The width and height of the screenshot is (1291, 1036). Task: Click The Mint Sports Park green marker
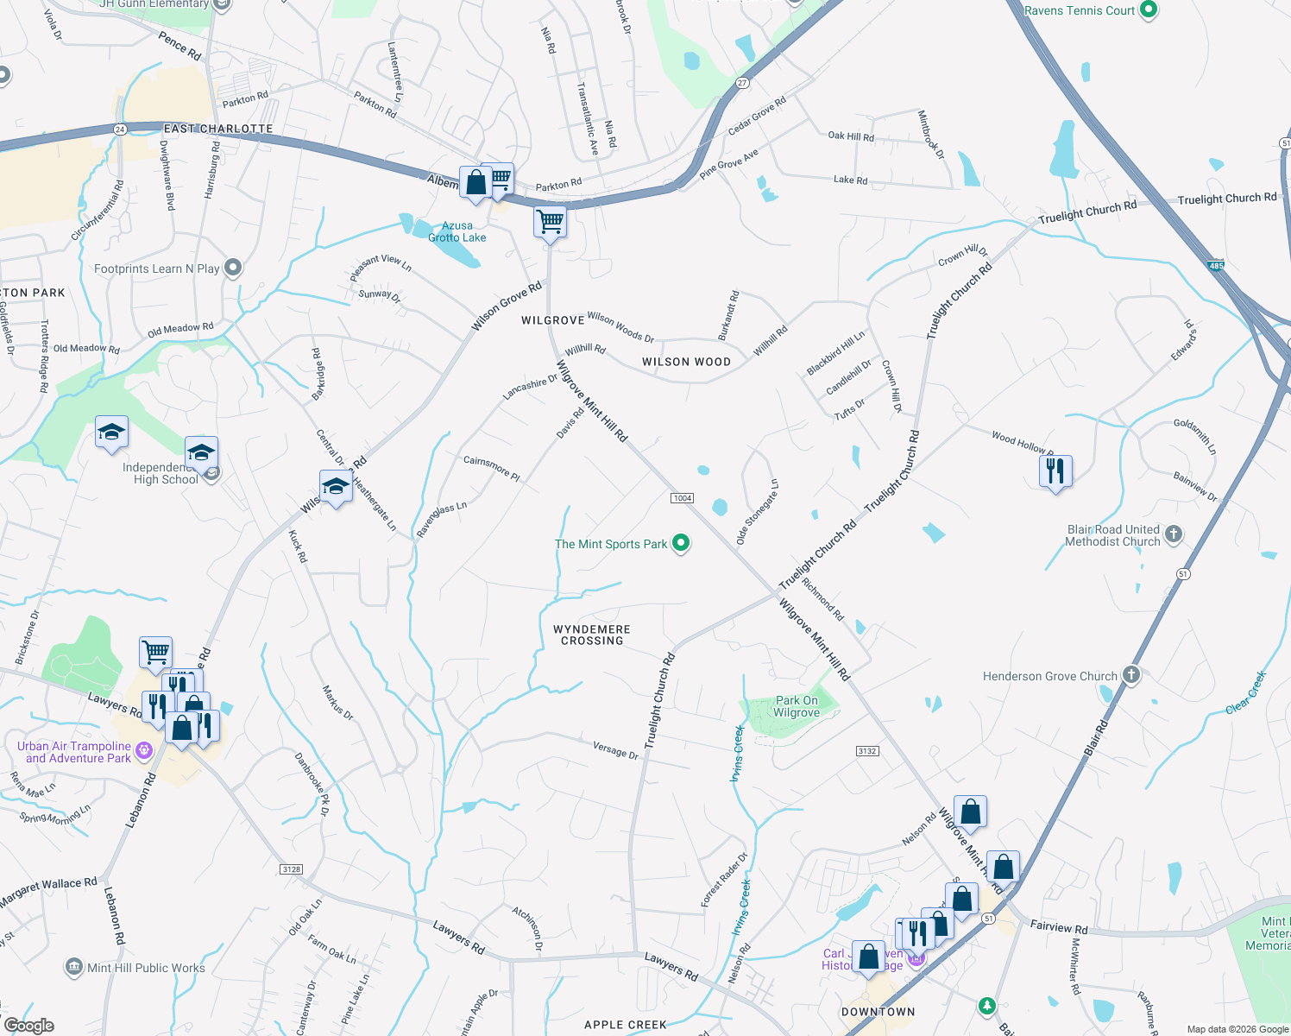[681, 543]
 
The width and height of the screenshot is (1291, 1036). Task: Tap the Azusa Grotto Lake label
[457, 232]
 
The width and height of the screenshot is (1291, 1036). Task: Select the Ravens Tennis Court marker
[1148, 10]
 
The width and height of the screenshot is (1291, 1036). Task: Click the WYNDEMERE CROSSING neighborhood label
[592, 635]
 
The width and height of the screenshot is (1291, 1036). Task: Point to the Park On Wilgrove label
[796, 707]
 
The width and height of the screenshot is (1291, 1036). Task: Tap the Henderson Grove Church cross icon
[1131, 676]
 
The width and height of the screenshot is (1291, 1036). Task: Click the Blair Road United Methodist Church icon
[1174, 534]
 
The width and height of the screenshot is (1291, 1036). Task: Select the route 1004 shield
[682, 498]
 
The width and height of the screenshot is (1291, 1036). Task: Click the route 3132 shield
[867, 751]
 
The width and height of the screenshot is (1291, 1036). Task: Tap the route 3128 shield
[292, 869]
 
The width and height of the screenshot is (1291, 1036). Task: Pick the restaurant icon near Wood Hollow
[1055, 471]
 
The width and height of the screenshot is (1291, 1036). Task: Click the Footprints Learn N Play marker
[233, 268]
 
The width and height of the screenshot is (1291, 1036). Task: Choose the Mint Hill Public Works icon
[74, 967]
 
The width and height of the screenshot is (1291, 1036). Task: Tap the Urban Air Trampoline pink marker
[144, 751]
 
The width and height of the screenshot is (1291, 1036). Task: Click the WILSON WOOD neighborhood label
[686, 363]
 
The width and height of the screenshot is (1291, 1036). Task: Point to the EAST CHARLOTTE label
[218, 129]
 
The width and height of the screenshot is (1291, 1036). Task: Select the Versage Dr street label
[615, 750]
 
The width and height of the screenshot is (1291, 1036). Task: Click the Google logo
[28, 1026]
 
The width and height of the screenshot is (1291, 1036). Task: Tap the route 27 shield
[742, 83]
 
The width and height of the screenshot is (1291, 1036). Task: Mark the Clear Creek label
[1246, 692]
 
